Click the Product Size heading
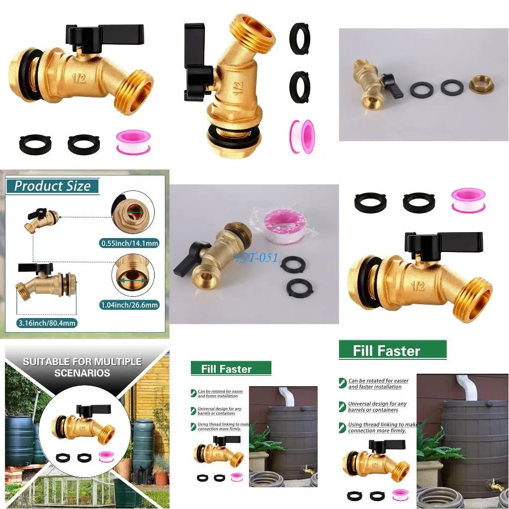click(52, 186)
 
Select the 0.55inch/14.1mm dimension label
click(129, 243)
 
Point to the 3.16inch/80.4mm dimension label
click(48, 323)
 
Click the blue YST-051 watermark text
click(256, 258)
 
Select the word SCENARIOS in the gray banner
click(82, 373)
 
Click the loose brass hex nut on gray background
click(481, 85)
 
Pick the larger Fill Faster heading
click(387, 351)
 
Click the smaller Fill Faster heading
click(226, 369)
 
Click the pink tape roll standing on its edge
click(302, 136)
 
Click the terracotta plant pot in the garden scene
click(161, 478)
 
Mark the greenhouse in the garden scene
click(75, 490)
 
